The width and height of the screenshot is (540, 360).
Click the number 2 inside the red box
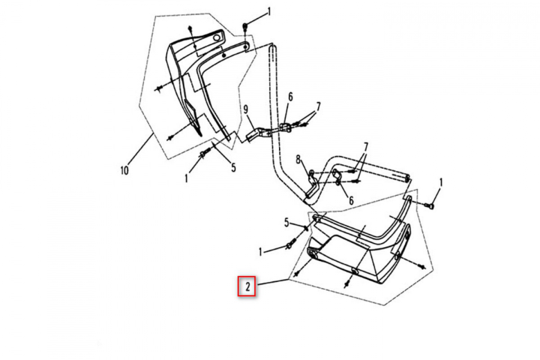click(x=247, y=287)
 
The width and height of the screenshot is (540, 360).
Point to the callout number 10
click(x=124, y=171)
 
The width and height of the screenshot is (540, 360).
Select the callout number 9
click(x=246, y=110)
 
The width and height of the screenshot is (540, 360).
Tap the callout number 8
click(x=298, y=160)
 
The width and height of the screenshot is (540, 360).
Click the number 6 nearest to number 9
click(x=290, y=97)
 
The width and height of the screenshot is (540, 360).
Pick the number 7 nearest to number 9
click(x=318, y=106)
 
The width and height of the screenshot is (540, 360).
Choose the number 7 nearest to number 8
click(x=365, y=147)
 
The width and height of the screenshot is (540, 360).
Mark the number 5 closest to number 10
click(x=234, y=168)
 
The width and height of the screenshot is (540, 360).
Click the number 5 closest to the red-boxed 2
click(x=286, y=223)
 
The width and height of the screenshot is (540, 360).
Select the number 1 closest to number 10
click(x=186, y=179)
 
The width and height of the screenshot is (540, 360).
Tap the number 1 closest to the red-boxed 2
click(x=261, y=252)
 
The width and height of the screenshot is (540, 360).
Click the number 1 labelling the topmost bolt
click(x=269, y=12)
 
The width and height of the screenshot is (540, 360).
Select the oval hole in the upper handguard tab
click(x=217, y=38)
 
